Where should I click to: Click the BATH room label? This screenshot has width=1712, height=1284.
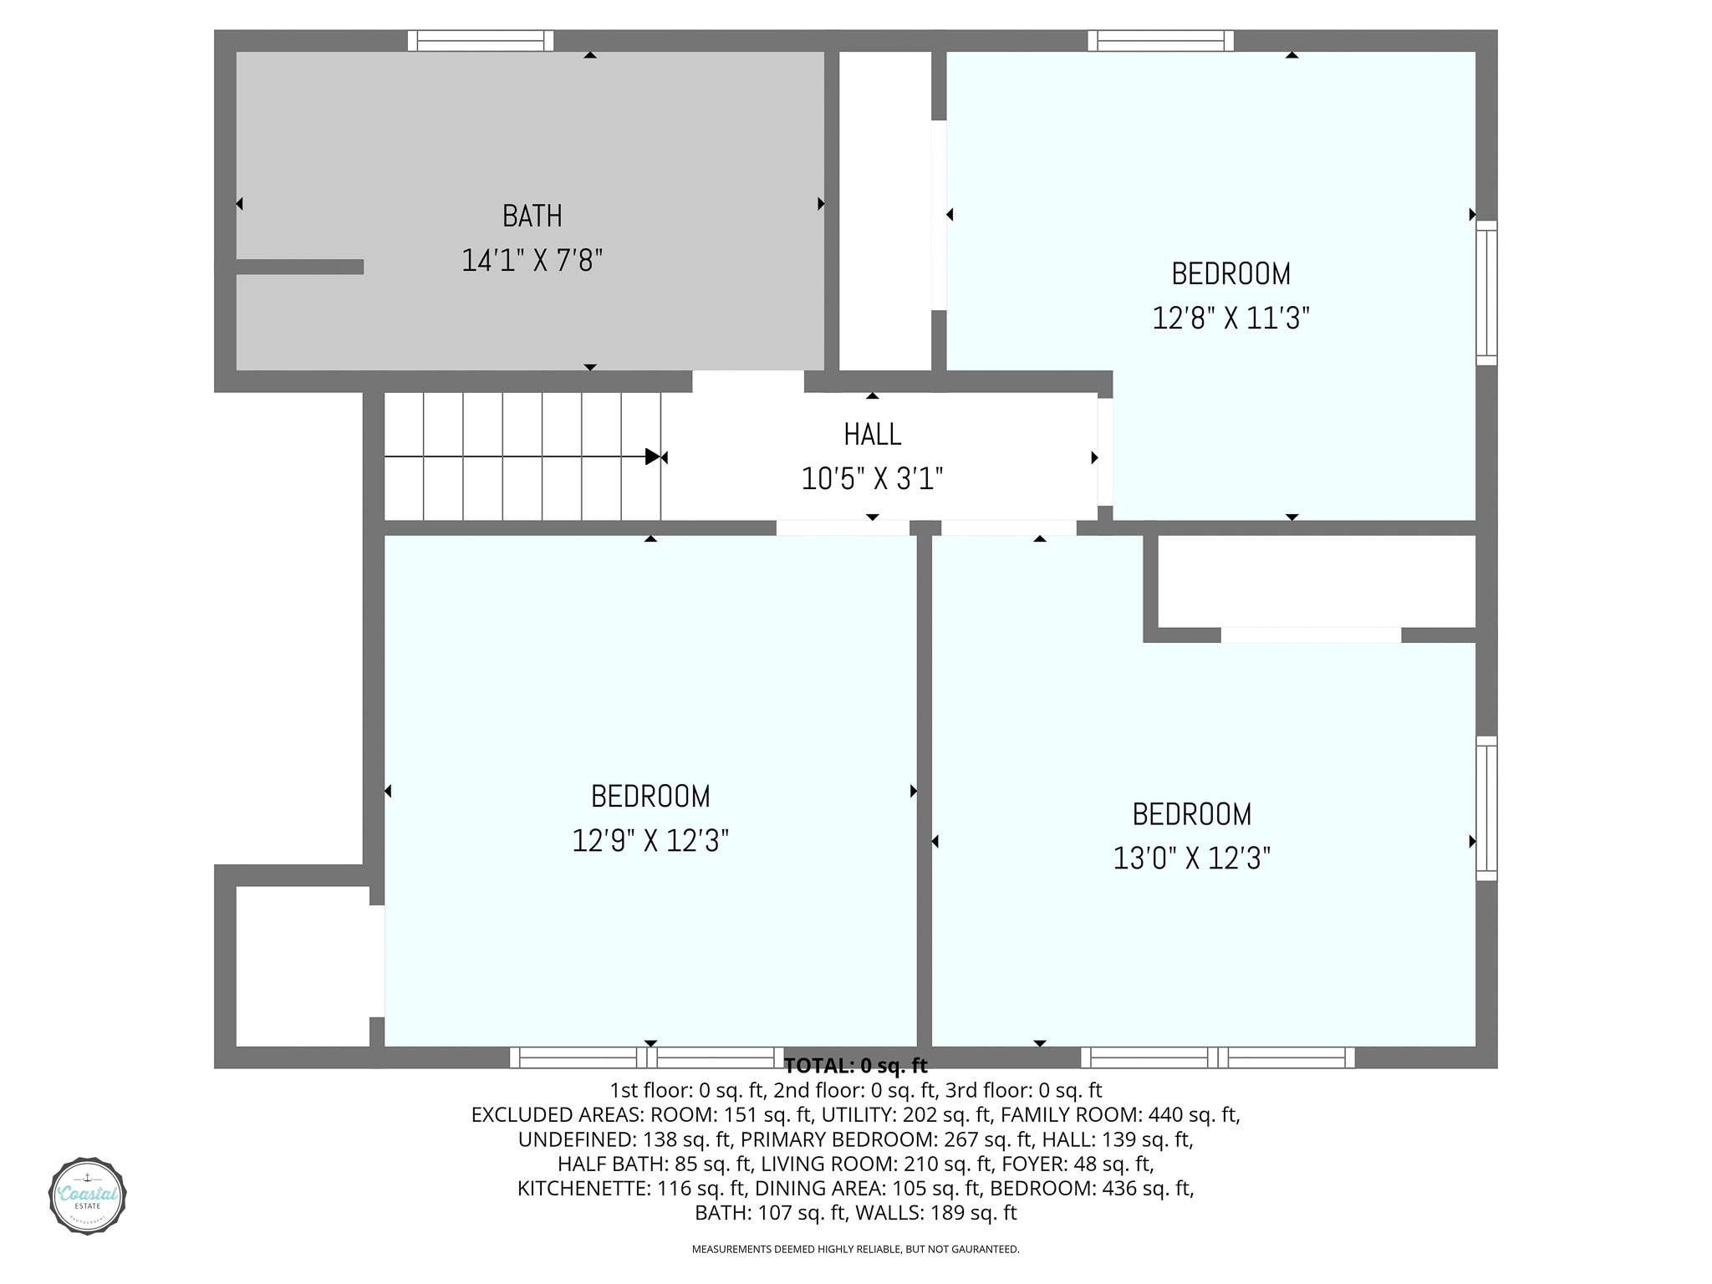coord(532,217)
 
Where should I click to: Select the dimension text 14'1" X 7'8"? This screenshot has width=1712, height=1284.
coord(532,261)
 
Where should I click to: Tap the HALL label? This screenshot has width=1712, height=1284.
coord(872,435)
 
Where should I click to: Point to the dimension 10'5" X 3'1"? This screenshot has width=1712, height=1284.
coord(872,479)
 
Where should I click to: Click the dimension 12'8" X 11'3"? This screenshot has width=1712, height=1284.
coord(1230,318)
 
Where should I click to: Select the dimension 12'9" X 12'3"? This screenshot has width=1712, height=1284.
coord(650,841)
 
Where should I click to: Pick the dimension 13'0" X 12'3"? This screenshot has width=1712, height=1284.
coord(1191,859)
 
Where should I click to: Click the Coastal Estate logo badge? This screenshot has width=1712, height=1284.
coord(88,1196)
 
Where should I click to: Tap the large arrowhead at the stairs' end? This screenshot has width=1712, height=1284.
coord(653,456)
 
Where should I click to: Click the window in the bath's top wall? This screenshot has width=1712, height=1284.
coord(481,40)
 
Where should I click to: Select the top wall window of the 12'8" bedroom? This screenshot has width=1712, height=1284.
coord(1161,40)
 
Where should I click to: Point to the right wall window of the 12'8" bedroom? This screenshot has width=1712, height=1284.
coord(1486,293)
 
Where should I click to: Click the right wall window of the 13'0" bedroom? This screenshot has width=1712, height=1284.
coord(1486,808)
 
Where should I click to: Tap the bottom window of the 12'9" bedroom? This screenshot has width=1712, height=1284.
coord(647,1057)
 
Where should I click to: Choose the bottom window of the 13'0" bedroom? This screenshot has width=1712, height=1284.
coord(1218,1057)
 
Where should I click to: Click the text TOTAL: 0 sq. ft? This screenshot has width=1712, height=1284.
coord(856,1066)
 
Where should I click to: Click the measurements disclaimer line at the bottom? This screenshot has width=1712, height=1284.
coord(856,1250)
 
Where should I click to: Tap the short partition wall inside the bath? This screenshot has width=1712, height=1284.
coord(299,267)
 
